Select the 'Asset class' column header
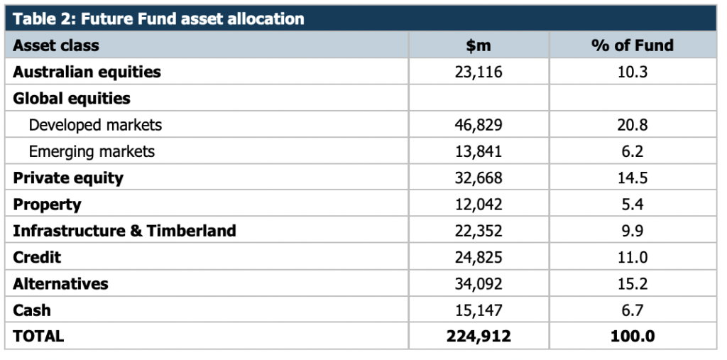(56, 45)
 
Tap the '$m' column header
(478, 45)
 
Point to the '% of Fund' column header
(632, 45)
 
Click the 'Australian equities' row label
(87, 72)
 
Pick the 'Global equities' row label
(72, 98)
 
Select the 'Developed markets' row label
(95, 125)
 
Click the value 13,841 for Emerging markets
(478, 151)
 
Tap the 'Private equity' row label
(68, 178)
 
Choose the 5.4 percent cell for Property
(632, 204)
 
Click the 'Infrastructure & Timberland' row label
(124, 231)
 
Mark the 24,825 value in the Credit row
(478, 257)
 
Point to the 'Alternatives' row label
(60, 283)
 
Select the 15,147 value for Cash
(478, 310)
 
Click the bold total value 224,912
(478, 337)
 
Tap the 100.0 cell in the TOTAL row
(632, 337)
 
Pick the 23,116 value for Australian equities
(478, 72)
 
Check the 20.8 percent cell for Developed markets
(632, 125)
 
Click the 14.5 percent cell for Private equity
(632, 178)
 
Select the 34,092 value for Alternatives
(478, 283)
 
